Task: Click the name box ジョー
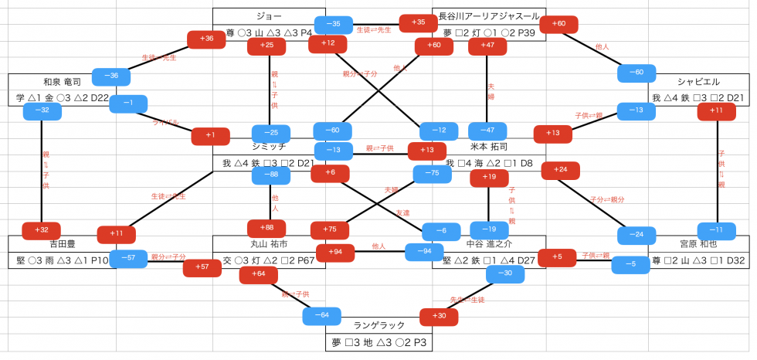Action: point(269,16)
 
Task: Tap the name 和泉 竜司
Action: point(63,82)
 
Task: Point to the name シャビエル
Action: point(698,82)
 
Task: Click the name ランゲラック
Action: point(378,325)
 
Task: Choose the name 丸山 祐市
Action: point(269,244)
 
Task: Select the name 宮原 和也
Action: point(698,244)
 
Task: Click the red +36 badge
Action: point(206,39)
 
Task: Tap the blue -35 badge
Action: point(334,24)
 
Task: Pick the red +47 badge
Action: point(487,46)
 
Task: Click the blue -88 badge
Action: point(270,175)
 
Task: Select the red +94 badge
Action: point(334,252)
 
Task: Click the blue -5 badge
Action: point(631,264)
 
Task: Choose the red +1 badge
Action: point(211,135)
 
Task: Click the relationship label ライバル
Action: point(167,122)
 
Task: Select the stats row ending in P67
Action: point(269,261)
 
